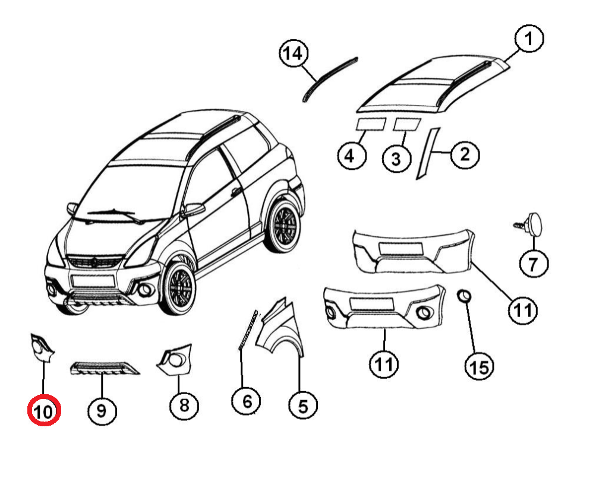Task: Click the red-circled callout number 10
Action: click(x=44, y=410)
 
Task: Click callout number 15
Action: click(x=479, y=368)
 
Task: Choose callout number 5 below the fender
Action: click(x=302, y=406)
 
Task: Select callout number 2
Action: click(x=465, y=155)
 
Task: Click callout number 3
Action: click(x=396, y=159)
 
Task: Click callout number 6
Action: click(x=247, y=401)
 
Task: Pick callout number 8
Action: click(x=184, y=406)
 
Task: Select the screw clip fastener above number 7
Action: click(x=531, y=225)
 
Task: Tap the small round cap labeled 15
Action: click(x=465, y=296)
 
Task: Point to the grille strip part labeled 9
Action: click(x=105, y=369)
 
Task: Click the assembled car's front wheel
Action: click(x=177, y=289)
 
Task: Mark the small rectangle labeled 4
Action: click(x=370, y=124)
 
